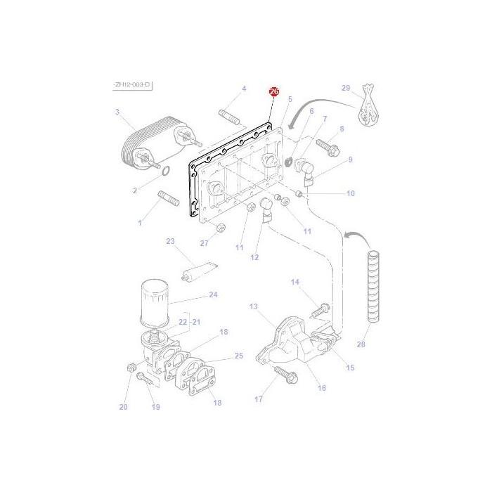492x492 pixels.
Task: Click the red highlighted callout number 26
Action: [x=274, y=92]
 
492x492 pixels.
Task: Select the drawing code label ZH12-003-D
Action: [x=131, y=85]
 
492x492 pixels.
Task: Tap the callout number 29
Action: [x=345, y=88]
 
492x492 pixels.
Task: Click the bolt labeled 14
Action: [x=321, y=307]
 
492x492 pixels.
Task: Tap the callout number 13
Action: [x=253, y=306]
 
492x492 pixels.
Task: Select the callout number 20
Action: [x=124, y=407]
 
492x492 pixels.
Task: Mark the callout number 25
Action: [x=239, y=356]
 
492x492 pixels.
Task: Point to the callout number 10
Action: [x=351, y=193]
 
